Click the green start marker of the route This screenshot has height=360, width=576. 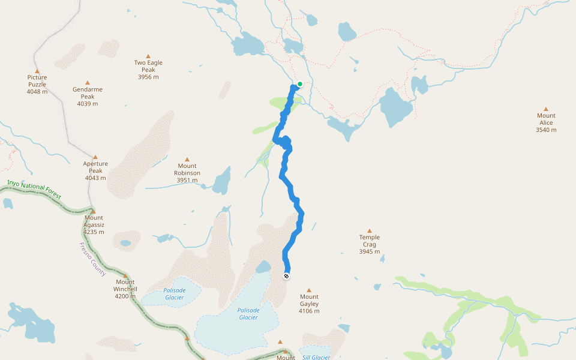tap(300, 84)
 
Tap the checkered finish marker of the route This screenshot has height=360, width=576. tap(287, 275)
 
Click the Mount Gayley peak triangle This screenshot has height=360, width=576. tap(309, 290)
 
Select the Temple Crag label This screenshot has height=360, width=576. tap(370, 241)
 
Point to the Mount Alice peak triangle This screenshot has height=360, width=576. tap(545, 109)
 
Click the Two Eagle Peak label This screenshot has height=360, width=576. tap(148, 66)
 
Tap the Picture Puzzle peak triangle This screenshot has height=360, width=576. tap(37, 71)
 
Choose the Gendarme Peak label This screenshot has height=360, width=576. tap(88, 93)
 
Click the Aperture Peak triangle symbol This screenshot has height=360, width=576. tap(95, 157)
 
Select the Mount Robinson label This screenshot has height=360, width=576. tap(187, 169)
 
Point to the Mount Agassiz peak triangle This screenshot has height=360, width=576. tap(93, 211)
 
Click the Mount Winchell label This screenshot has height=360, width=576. tap(125, 285)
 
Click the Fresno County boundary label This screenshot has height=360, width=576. tap(92, 259)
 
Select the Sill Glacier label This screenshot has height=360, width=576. tap(316, 358)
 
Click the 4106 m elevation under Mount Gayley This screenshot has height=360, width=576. tap(310, 311)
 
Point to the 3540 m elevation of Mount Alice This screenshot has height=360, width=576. tap(546, 130)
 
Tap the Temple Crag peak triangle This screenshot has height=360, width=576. tap(370, 230)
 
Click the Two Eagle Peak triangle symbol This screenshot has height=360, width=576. tap(148, 56)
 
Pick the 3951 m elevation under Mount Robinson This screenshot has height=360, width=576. tap(187, 180)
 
